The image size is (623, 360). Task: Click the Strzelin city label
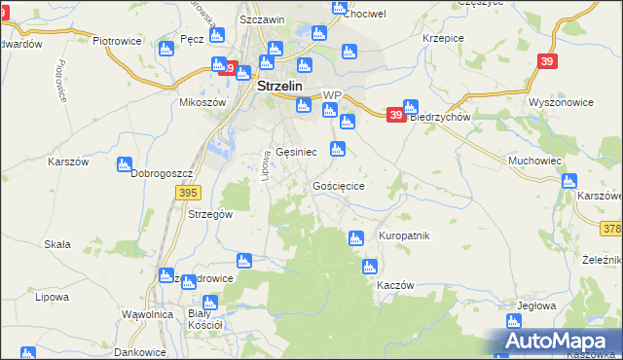click(280, 86)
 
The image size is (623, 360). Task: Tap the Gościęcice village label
click(339, 185)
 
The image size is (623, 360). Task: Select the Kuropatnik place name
click(403, 236)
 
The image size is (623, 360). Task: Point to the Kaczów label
click(395, 285)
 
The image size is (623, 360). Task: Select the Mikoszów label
click(202, 101)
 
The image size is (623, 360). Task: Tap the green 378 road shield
click(612, 227)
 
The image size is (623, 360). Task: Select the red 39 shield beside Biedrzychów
click(395, 115)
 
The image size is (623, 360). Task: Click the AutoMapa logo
click(554, 341)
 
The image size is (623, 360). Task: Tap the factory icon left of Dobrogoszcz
click(124, 165)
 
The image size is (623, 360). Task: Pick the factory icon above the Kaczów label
click(370, 267)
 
